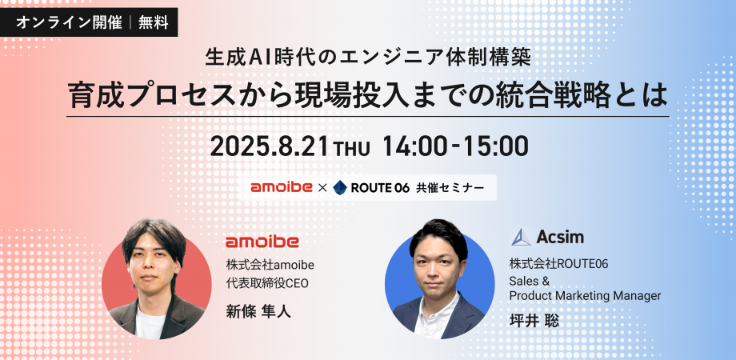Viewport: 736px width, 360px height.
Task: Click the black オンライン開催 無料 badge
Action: click(x=89, y=22)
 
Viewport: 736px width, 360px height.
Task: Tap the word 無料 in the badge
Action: click(x=153, y=22)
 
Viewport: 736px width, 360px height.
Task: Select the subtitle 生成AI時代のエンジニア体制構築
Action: click(x=367, y=58)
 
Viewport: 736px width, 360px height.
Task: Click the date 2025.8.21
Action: click(x=269, y=146)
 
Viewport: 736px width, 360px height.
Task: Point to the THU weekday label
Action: click(x=351, y=149)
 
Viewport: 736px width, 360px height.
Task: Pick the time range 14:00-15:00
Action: click(x=455, y=146)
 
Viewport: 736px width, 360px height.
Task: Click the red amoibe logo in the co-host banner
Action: click(x=282, y=188)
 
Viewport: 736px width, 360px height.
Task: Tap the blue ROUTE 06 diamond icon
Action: click(x=340, y=188)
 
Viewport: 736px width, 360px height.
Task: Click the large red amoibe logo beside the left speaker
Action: click(x=262, y=242)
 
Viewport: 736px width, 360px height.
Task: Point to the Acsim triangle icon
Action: click(x=522, y=237)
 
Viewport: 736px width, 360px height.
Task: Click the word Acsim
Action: click(x=560, y=237)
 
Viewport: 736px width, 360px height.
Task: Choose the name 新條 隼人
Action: click(x=258, y=312)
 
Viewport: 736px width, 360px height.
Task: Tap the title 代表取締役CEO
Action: click(x=267, y=283)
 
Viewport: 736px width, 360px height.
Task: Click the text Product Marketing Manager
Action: click(x=586, y=296)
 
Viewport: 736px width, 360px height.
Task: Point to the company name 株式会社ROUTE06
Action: click(x=559, y=264)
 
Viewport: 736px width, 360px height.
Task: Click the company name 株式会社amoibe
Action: click(x=270, y=265)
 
